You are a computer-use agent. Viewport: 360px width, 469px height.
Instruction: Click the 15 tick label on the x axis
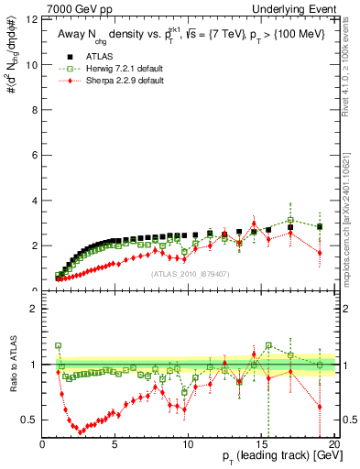[x=260, y=445]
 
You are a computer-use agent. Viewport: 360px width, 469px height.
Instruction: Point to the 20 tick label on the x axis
[x=333, y=445]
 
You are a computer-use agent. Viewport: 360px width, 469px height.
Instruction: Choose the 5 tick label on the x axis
[x=115, y=445]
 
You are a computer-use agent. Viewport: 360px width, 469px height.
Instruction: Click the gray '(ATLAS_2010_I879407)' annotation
[x=189, y=272]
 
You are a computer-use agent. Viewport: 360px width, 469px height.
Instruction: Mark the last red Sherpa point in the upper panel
[x=319, y=252]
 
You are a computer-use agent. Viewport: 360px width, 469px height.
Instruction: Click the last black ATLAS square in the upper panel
[x=319, y=226]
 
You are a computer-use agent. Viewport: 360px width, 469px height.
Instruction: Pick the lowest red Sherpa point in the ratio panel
[x=82, y=431]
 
